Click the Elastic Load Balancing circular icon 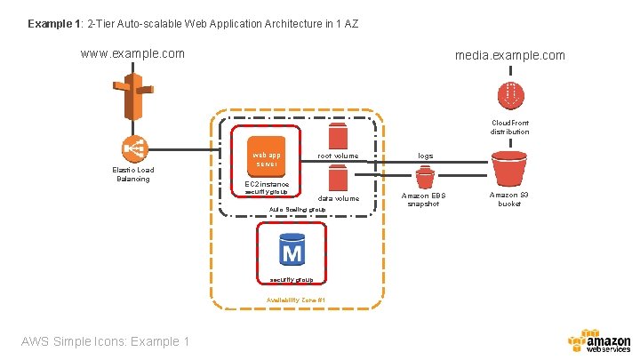coord(132,148)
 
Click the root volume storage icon coord(338,136)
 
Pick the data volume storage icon coord(338,180)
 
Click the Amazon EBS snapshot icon coord(425,177)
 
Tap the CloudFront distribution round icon coord(509,94)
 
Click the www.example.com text coord(132,53)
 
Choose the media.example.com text coord(509,55)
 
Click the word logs coord(426,156)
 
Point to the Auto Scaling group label coord(297,210)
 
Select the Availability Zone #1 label coord(296,300)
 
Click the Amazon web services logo coord(598,341)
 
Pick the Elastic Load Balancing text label coord(132,174)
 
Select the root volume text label coord(338,156)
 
